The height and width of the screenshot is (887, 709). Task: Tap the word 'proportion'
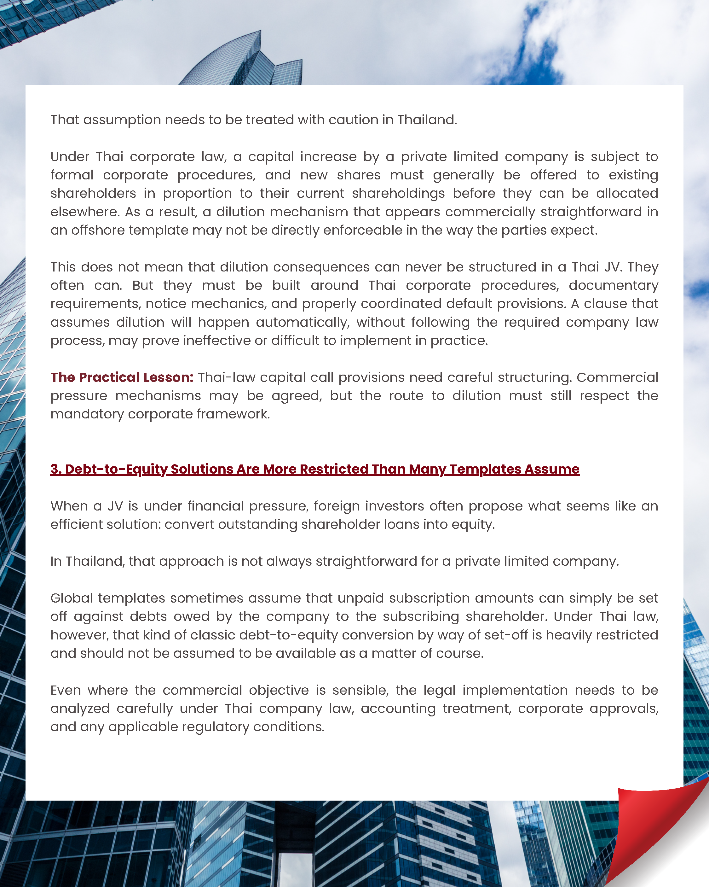(x=197, y=193)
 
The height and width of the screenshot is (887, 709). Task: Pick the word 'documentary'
(x=613, y=285)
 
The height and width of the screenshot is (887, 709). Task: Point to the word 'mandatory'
(x=87, y=414)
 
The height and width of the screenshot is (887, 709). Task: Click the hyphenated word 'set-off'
(x=506, y=635)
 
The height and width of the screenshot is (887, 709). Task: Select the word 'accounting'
(x=398, y=709)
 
